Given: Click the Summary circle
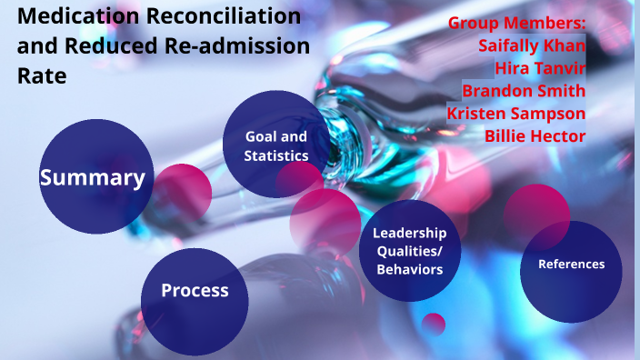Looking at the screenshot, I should click(92, 177).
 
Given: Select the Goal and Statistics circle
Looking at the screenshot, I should click(275, 145).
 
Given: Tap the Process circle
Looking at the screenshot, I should click(195, 291).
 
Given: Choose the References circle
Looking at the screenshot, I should click(571, 265).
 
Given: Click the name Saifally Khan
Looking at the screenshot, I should click(532, 45).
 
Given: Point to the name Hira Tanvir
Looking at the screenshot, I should click(540, 67).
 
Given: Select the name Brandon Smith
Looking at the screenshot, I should click(524, 90).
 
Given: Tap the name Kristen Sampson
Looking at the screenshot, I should click(515, 113).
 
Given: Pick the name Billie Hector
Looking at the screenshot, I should click(535, 135).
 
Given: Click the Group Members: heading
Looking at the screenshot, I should click(517, 23).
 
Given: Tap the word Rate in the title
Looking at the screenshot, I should click(42, 76).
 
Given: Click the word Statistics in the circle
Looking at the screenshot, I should click(276, 155).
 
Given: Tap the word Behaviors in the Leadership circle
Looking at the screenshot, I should click(409, 269).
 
